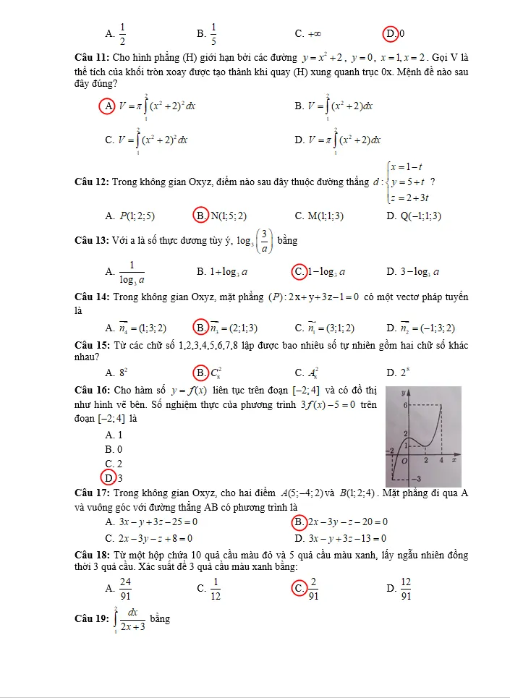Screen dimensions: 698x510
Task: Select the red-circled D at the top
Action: click(391, 33)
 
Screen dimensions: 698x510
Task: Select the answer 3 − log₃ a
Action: click(423, 272)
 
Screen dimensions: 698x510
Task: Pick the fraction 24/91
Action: click(126, 589)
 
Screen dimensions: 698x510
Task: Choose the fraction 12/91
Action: click(406, 589)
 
